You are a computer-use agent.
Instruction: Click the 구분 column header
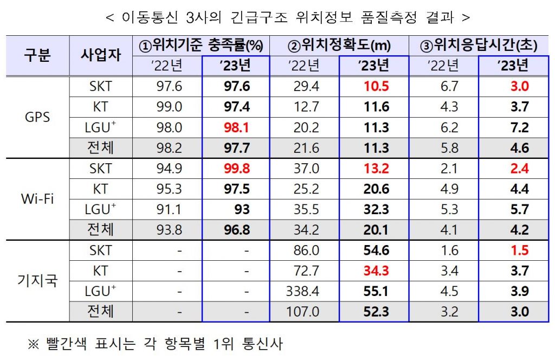(x=37, y=55)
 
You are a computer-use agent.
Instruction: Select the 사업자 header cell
(x=101, y=55)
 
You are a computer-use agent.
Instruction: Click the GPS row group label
(x=37, y=117)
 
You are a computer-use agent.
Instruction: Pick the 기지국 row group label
(x=37, y=281)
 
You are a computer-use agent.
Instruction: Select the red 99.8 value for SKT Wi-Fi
(x=237, y=169)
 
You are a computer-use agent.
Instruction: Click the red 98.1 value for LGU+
(x=237, y=127)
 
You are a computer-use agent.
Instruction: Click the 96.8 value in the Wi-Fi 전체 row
(x=237, y=230)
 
